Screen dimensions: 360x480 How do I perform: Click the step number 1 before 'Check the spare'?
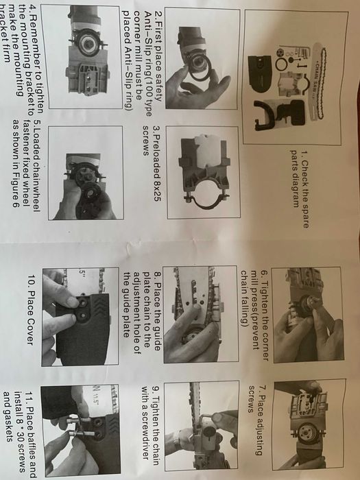(x=304, y=153)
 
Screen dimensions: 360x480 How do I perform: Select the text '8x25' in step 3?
(x=156, y=191)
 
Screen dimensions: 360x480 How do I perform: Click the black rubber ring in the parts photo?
(x=281, y=64)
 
